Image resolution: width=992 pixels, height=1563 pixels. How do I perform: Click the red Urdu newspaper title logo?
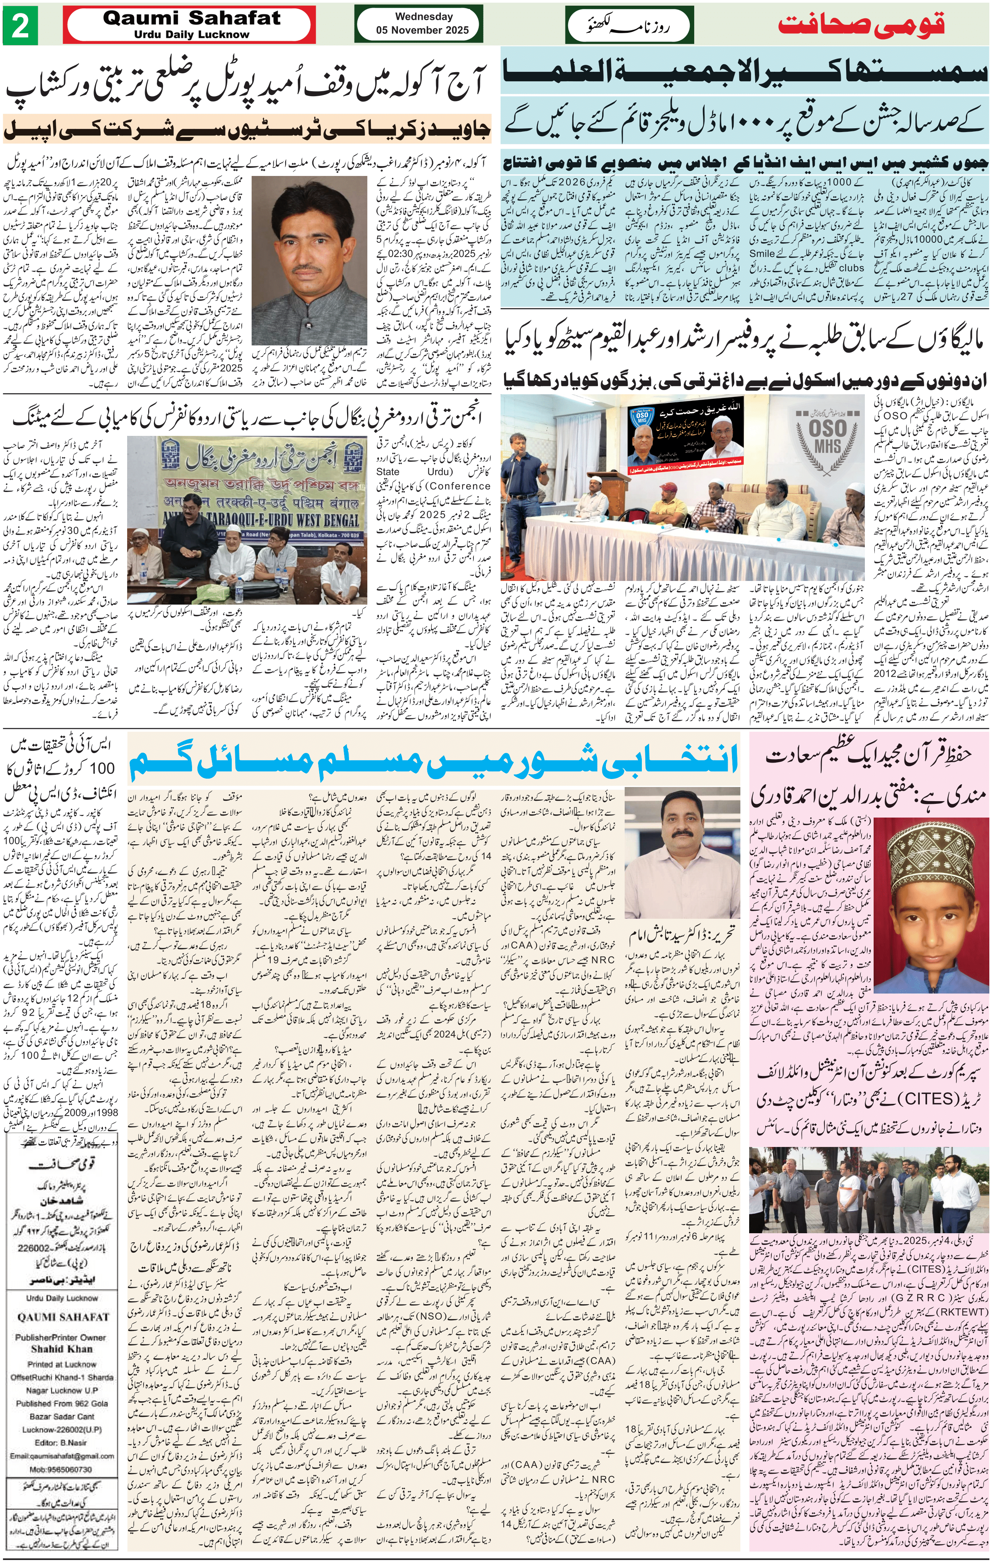click(x=861, y=25)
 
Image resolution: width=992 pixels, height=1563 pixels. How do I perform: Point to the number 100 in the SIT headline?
click(x=101, y=768)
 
